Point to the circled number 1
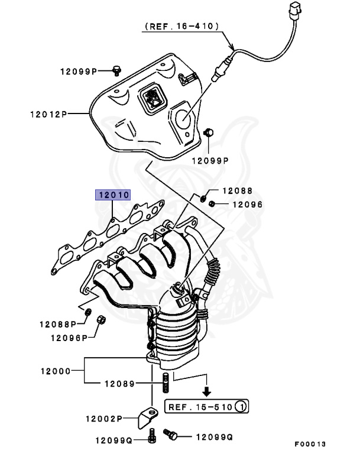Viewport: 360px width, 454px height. pos(241,407)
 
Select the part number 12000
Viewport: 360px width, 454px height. pos(56,371)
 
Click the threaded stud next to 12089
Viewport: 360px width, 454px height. pos(165,382)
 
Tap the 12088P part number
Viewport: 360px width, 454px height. pos(59,324)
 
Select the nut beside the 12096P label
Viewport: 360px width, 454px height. pos(100,321)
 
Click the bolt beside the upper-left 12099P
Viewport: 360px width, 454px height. pos(116,71)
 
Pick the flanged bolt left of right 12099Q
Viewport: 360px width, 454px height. pos(172,436)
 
